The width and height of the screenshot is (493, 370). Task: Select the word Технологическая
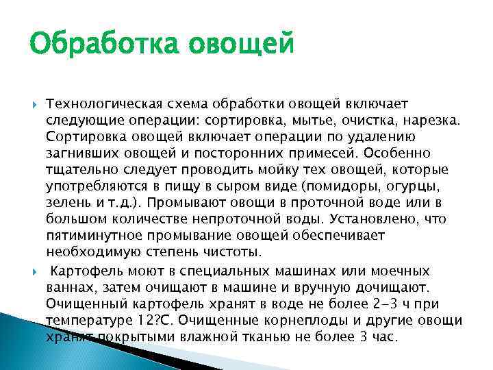[x=103, y=103]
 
